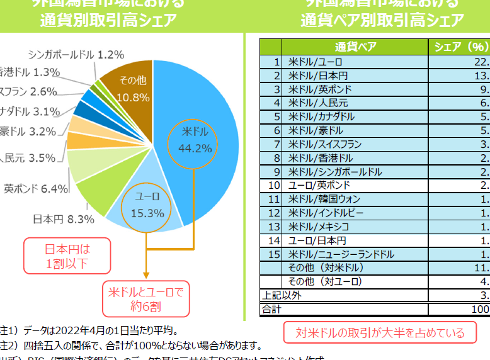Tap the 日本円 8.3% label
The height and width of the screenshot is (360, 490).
click(x=63, y=219)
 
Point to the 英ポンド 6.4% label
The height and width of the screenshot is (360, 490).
click(x=35, y=188)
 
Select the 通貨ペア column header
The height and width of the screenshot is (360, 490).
click(x=356, y=47)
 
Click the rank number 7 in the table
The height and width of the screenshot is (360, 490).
click(x=276, y=144)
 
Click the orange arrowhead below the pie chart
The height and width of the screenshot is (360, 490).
click(x=146, y=274)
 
